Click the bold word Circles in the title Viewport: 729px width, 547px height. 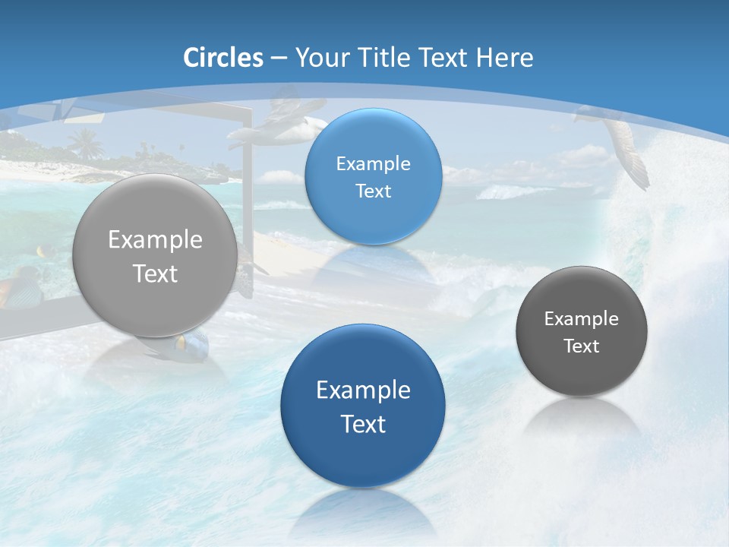(223, 58)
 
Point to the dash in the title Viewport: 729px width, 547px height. (279, 58)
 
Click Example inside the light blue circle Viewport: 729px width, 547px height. (373, 163)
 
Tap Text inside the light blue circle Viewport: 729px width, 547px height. (373, 191)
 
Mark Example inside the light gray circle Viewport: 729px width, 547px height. (155, 239)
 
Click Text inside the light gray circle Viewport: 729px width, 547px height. (155, 273)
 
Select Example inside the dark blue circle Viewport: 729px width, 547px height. (363, 390)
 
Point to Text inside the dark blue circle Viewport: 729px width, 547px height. (363, 424)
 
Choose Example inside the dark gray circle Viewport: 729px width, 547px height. (582, 318)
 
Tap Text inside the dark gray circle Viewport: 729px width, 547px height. (582, 346)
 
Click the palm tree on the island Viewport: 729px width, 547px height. (85, 143)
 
